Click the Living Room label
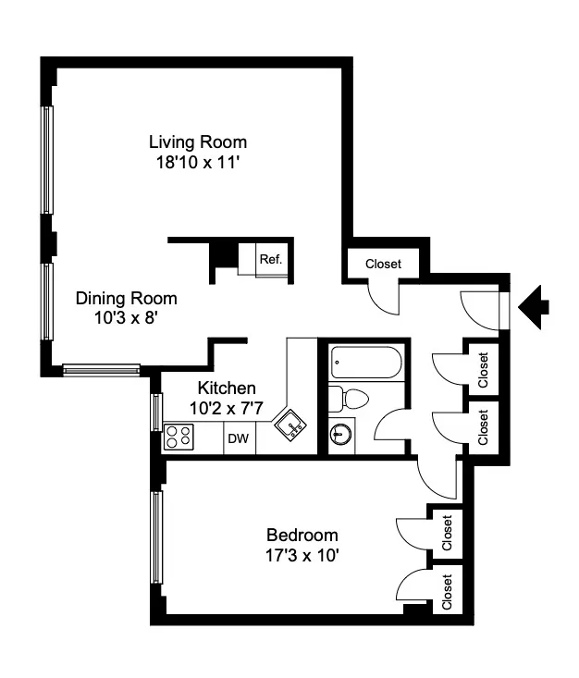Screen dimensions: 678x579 tap(198, 142)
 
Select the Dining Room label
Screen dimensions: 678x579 tap(126, 299)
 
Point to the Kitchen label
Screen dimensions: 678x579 tap(227, 388)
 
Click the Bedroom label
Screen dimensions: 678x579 tap(302, 535)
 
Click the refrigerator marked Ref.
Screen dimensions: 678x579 tap(270, 259)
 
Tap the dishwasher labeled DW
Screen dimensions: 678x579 tap(239, 438)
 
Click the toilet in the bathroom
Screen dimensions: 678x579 tap(349, 400)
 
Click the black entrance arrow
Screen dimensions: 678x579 tap(536, 306)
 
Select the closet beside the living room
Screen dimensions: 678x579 tap(383, 264)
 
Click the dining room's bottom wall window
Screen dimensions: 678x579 tap(101, 370)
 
